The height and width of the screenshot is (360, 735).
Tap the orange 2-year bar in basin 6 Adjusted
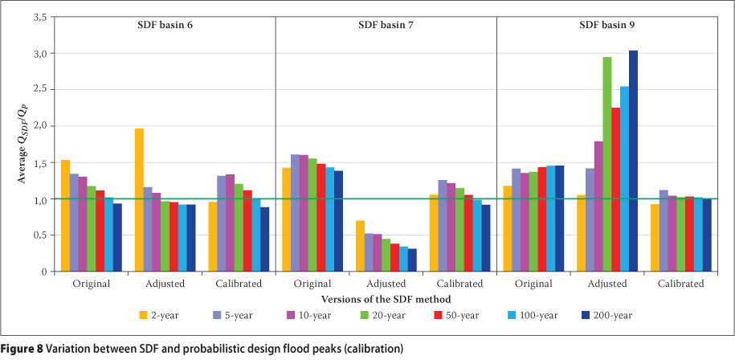139,200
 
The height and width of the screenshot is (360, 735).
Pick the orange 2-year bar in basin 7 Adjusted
360,246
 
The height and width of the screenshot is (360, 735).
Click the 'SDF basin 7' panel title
386,25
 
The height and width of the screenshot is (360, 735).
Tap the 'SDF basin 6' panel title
164,25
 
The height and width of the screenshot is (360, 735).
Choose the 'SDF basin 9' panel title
607,25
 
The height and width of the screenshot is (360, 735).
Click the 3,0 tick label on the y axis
38,53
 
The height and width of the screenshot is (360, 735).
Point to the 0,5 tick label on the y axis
38,235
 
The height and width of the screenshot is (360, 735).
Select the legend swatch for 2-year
144,315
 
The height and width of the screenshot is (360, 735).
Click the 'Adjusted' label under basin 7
386,284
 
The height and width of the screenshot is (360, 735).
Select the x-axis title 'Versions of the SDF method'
386,298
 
